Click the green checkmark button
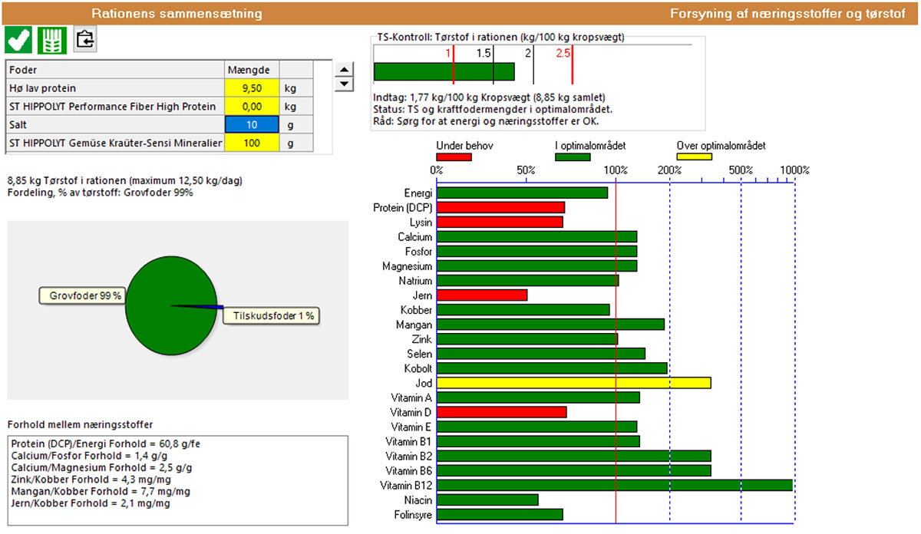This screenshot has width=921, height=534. [x=19, y=40]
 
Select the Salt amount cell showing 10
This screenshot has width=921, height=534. [x=251, y=124]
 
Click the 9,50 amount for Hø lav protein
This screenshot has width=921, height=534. [x=251, y=88]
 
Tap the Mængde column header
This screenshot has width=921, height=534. [x=251, y=70]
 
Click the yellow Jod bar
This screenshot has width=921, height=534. [x=573, y=382]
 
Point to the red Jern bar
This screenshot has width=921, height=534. [x=481, y=295]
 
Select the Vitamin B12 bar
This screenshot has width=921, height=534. [x=614, y=485]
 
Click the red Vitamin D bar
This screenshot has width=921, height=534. [x=501, y=412]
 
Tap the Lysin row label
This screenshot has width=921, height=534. [x=421, y=222]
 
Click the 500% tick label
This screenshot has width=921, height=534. [x=740, y=170]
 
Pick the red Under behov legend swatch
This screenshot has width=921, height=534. [x=453, y=157]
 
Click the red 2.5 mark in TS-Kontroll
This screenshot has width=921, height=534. [x=563, y=53]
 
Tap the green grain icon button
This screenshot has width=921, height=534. [x=53, y=40]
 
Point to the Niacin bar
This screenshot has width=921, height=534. [x=487, y=499]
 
